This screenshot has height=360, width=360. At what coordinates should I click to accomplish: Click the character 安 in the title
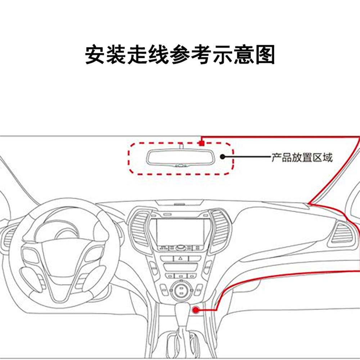point(95,55)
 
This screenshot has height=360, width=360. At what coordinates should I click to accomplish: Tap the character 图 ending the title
point(265,55)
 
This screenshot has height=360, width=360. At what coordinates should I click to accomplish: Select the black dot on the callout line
point(223,157)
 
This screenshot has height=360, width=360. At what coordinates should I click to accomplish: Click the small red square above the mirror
point(202,143)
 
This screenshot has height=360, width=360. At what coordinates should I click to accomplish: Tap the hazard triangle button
point(180,258)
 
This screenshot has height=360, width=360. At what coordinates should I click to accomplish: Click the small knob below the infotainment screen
point(180,248)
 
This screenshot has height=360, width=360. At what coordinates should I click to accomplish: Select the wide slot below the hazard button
point(180,267)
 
